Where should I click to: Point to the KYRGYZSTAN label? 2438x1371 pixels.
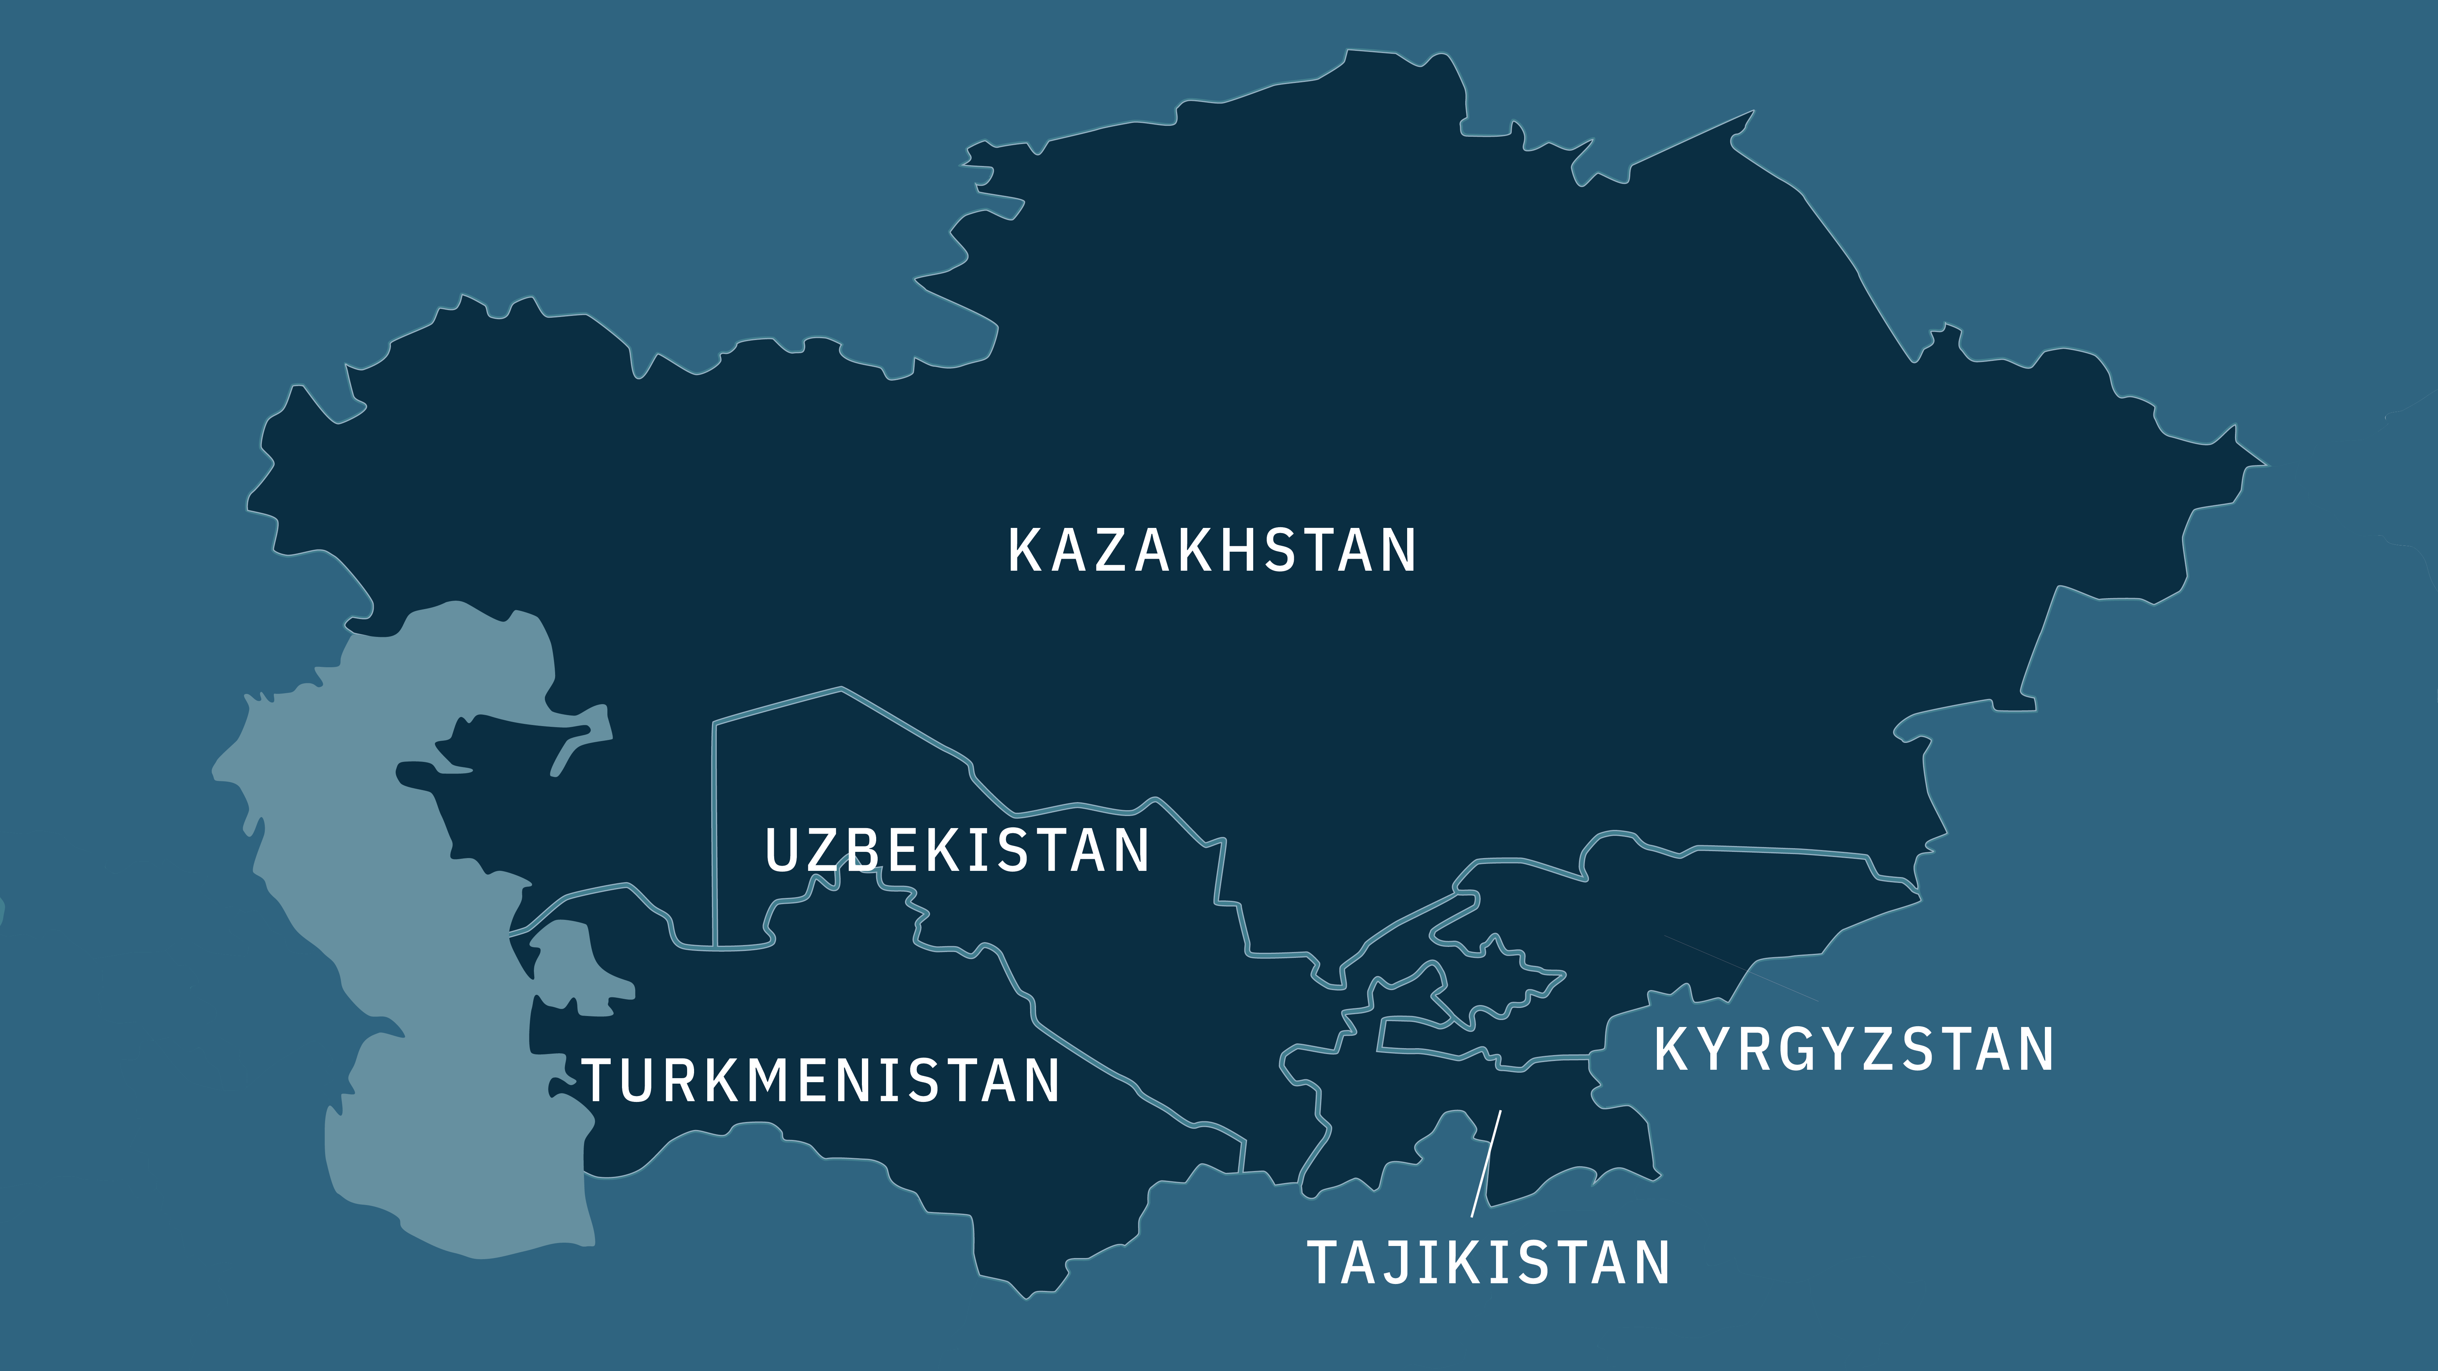pyautogui.click(x=1853, y=1049)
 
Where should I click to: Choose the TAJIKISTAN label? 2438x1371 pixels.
pyautogui.click(x=1488, y=1262)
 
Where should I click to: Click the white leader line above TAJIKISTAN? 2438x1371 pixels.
pyautogui.click(x=1486, y=1164)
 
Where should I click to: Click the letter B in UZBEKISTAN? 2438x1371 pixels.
pyautogui.click(x=862, y=850)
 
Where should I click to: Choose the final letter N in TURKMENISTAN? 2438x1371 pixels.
pyautogui.click(x=1041, y=1080)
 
